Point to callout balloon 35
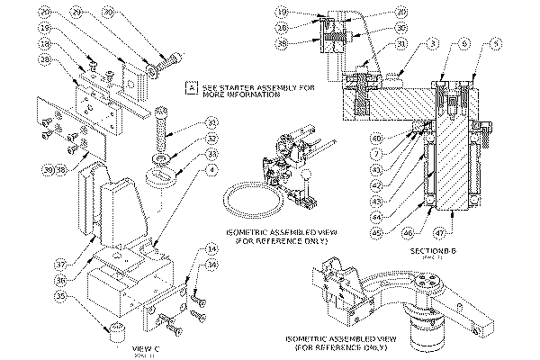(x=61, y=293)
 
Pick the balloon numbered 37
(x=61, y=265)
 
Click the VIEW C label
(x=145, y=346)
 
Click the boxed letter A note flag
(x=190, y=87)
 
